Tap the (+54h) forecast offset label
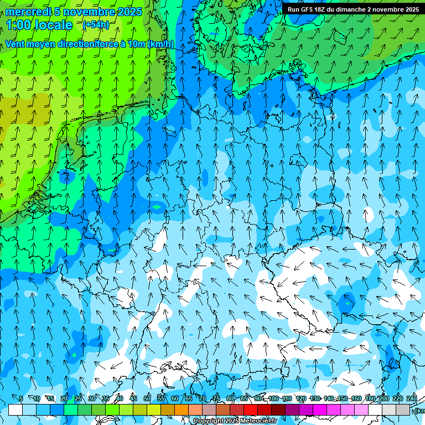(96, 24)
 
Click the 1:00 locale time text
(39, 25)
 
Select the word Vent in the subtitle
(16, 44)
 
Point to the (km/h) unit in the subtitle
(160, 44)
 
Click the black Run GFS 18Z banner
(353, 9)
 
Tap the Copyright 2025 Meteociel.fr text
(235, 421)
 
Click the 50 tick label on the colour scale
(147, 398)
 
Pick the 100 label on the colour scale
(273, 398)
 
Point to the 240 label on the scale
(411, 398)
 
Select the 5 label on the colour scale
(21, 398)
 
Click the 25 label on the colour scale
(77, 398)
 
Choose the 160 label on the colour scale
(356, 398)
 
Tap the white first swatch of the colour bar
(15, 410)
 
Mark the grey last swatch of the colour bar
(403, 410)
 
